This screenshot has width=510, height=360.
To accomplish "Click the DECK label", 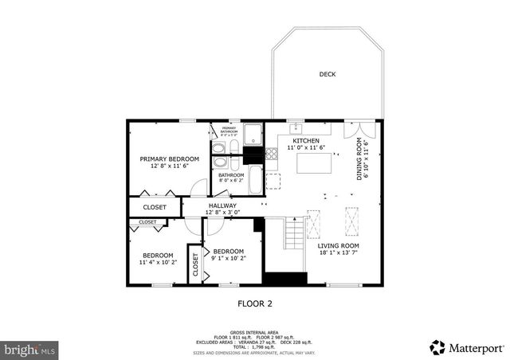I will [x=328, y=75].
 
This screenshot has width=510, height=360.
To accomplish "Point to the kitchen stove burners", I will [x=272, y=154].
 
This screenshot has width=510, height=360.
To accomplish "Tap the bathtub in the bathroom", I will [x=253, y=180].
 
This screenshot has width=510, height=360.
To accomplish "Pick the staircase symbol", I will [x=294, y=234].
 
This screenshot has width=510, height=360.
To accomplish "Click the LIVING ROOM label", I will [x=339, y=246].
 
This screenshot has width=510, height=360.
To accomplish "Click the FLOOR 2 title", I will [x=256, y=303].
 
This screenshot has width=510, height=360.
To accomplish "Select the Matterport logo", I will [x=467, y=347].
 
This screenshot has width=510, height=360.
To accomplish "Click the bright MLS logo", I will [x=30, y=349].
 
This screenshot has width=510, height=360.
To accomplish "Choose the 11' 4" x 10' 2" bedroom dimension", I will [x=157, y=262].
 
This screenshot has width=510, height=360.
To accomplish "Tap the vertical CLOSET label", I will [x=196, y=268].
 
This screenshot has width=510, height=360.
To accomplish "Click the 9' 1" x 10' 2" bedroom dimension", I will [x=229, y=258].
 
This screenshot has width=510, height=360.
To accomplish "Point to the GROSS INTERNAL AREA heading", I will [x=254, y=332].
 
